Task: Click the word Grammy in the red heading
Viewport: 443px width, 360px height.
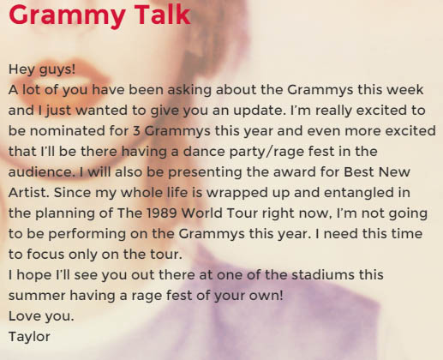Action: tap(67, 15)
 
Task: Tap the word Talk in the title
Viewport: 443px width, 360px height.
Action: tap(162, 15)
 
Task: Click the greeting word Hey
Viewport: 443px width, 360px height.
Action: tap(21, 69)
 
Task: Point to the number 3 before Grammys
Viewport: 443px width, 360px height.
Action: tap(136, 131)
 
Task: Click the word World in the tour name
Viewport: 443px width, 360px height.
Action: tap(202, 213)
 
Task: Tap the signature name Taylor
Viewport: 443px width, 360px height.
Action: tap(29, 337)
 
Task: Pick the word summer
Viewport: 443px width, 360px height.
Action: tap(37, 296)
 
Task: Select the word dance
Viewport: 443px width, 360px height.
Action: tap(204, 152)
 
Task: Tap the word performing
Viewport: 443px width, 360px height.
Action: tap(87, 234)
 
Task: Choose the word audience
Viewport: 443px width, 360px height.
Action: tap(40, 172)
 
